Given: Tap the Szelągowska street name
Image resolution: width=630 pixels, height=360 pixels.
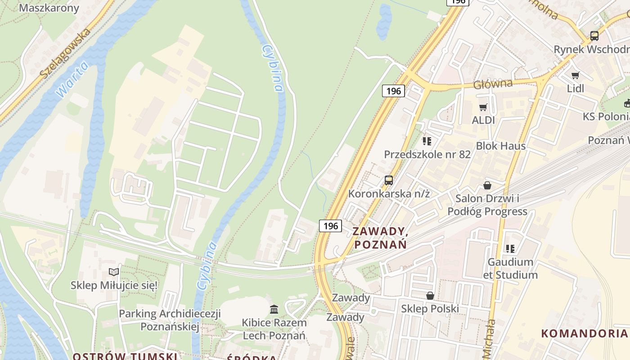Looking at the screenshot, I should pyautogui.click(x=65, y=52).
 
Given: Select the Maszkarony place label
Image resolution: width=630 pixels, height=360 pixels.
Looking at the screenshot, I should pyautogui.click(x=49, y=8).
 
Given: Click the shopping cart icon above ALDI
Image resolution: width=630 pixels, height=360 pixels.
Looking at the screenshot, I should pyautogui.click(x=483, y=107).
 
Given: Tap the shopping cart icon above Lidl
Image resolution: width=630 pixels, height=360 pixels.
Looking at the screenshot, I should pyautogui.click(x=575, y=75).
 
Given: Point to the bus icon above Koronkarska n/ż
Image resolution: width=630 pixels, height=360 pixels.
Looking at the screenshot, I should pyautogui.click(x=389, y=180).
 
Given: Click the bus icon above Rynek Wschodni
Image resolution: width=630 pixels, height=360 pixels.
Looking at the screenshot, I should pyautogui.click(x=594, y=36).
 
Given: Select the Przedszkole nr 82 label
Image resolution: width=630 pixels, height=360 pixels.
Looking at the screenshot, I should pyautogui.click(x=427, y=154).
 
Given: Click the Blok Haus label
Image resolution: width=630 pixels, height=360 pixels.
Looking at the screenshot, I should pyautogui.click(x=501, y=146).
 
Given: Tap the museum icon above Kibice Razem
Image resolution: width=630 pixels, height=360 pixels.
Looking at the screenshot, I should pyautogui.click(x=274, y=309).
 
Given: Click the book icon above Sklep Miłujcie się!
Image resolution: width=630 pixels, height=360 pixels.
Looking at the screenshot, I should pyautogui.click(x=114, y=272).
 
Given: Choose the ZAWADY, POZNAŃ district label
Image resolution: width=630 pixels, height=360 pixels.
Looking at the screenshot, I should pyautogui.click(x=380, y=238).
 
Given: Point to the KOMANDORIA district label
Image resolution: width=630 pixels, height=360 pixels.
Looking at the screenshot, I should pyautogui.click(x=584, y=333).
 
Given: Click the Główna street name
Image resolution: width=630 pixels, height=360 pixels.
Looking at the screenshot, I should pyautogui.click(x=493, y=84).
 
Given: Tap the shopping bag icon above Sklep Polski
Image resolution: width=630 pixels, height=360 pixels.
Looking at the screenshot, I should pyautogui.click(x=430, y=296).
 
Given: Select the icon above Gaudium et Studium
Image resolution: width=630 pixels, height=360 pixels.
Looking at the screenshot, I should pyautogui.click(x=510, y=248).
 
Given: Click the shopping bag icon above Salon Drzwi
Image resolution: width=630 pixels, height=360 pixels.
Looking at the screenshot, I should pyautogui.click(x=487, y=185).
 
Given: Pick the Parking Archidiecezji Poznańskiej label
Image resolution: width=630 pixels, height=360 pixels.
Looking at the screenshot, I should pyautogui.click(x=170, y=320).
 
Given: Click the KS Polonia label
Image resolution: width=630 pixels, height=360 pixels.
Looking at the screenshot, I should pyautogui.click(x=606, y=117).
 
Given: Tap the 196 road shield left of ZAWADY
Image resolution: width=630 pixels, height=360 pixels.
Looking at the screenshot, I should pyautogui.click(x=330, y=225).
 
